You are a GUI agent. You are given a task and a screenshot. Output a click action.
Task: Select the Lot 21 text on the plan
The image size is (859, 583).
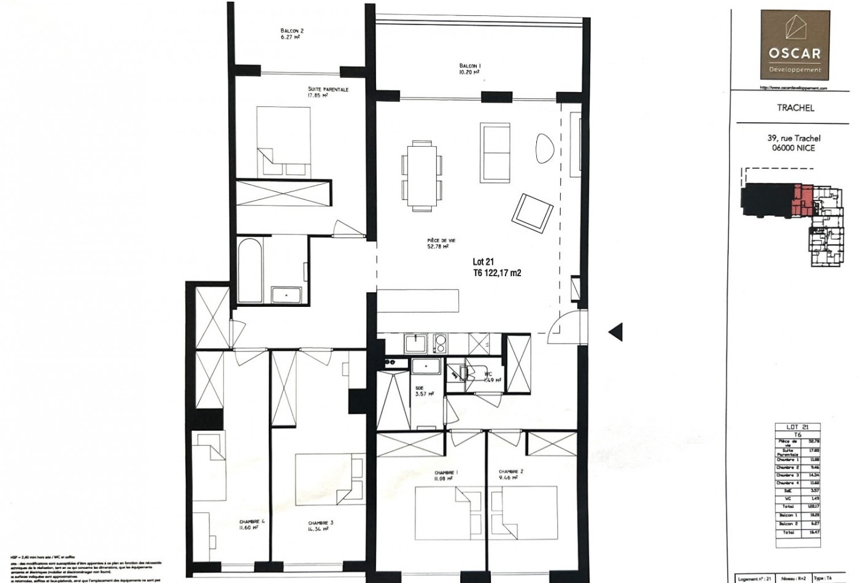(483, 261)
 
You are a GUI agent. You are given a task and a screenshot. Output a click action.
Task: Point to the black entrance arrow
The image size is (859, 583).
(615, 331)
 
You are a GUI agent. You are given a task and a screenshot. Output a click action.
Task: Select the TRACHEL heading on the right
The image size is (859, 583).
(795, 108)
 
